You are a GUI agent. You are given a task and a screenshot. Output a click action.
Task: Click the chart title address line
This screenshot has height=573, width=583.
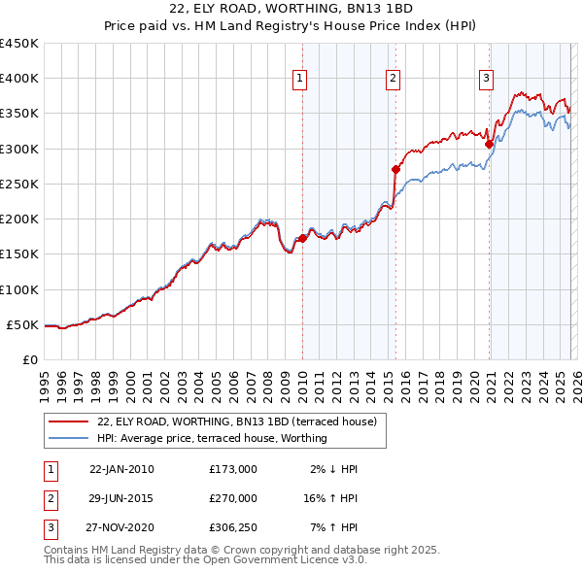291,9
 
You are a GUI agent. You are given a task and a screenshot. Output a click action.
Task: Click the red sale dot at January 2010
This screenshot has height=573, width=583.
302,238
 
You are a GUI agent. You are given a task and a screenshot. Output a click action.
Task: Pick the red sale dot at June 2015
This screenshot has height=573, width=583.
395,169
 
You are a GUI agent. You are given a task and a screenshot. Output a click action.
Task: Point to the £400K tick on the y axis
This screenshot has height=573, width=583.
19,79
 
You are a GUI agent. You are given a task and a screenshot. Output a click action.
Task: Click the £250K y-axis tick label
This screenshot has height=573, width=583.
19,184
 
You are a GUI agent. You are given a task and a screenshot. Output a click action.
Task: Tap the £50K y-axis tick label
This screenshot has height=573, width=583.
22,324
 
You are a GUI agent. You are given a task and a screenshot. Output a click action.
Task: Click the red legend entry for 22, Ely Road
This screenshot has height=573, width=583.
242,421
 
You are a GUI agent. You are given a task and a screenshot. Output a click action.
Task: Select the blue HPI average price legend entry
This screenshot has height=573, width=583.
211,438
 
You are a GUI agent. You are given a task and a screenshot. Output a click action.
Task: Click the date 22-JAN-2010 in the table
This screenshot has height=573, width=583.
121,469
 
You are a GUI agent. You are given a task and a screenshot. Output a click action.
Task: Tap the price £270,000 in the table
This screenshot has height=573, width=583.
233,498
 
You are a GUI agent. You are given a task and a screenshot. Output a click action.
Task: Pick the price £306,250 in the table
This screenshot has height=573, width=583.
233,528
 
